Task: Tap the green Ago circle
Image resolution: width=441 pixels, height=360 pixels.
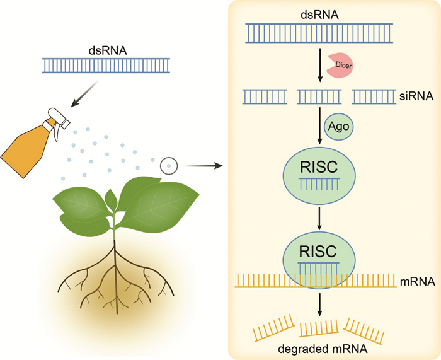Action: pyautogui.click(x=338, y=129)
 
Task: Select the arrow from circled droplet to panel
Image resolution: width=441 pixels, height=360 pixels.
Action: pyautogui.click(x=206, y=166)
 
